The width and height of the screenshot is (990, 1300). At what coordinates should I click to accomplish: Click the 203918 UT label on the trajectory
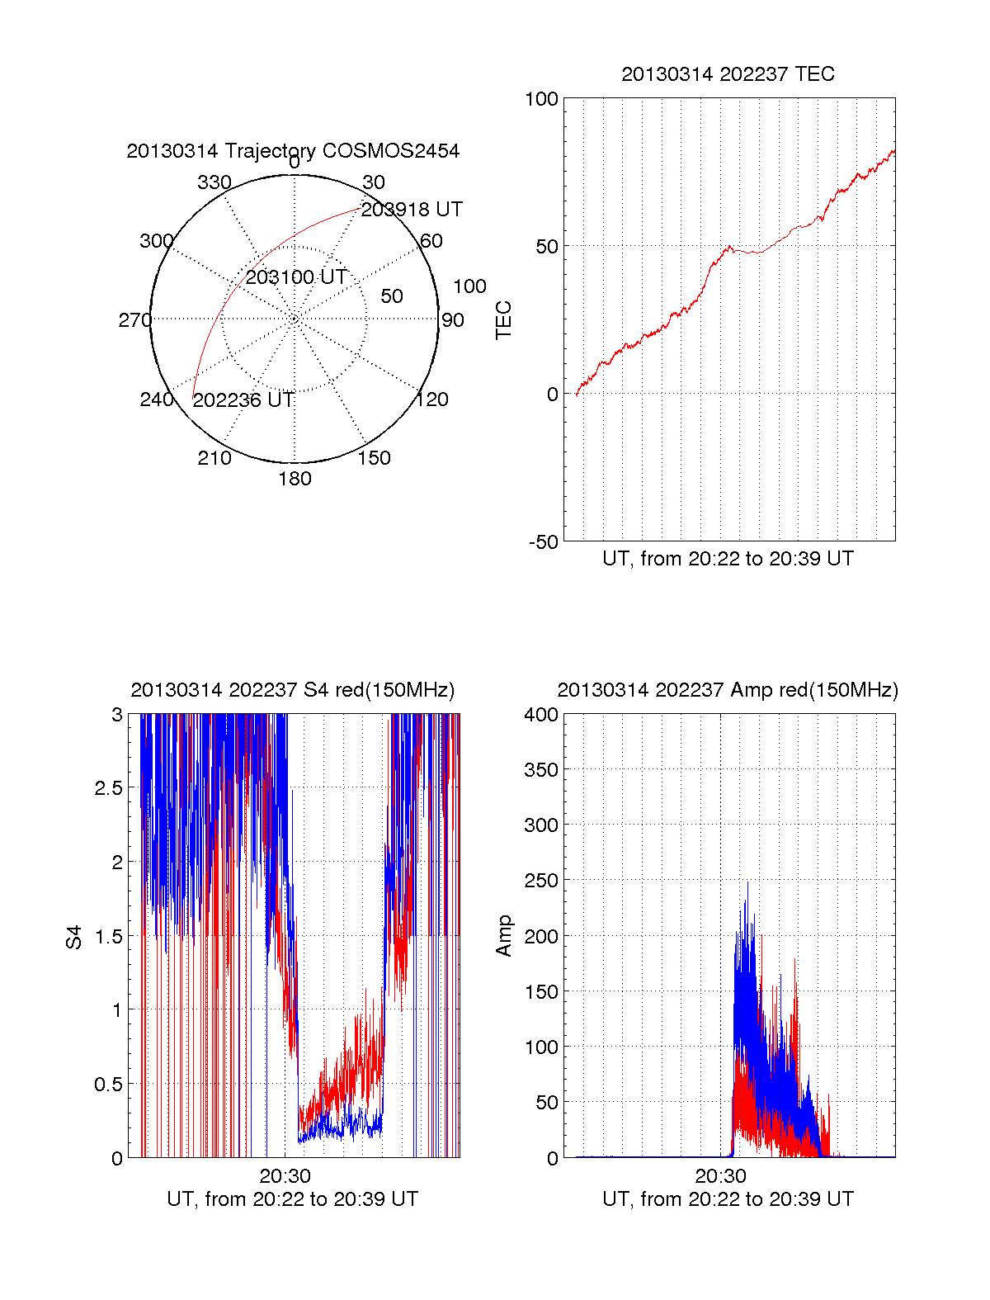(412, 210)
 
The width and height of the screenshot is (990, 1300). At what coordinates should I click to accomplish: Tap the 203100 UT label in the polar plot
(296, 277)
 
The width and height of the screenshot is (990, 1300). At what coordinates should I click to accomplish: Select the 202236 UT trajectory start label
(243, 400)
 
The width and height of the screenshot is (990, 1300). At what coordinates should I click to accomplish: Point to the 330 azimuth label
(214, 182)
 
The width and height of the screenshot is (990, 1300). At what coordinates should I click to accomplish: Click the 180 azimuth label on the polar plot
(295, 479)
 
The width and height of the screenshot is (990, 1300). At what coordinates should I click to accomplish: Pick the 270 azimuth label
(135, 320)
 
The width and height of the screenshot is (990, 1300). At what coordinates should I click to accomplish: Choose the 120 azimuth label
(432, 400)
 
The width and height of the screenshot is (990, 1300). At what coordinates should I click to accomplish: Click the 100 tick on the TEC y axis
(541, 99)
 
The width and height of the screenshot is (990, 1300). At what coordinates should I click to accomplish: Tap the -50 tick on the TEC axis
(544, 542)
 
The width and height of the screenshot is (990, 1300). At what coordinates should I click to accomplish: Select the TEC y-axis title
(503, 320)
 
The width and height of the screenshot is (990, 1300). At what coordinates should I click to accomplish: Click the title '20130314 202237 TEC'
(728, 74)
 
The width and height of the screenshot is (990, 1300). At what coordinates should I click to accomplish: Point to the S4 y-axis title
(74, 937)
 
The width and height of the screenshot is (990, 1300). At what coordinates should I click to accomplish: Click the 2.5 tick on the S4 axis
(106, 788)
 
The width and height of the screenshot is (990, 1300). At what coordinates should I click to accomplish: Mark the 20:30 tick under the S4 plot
(285, 1176)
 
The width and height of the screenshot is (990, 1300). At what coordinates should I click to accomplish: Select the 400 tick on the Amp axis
(541, 715)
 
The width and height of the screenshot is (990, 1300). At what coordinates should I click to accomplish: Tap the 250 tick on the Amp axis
(541, 882)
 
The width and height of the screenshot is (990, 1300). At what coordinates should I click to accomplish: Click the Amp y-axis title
(503, 936)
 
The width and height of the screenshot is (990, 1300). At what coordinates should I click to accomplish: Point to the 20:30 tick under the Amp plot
(720, 1176)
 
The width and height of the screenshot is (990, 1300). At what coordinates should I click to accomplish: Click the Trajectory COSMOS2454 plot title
(293, 151)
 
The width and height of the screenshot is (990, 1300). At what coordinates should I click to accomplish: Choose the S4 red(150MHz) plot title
(293, 690)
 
